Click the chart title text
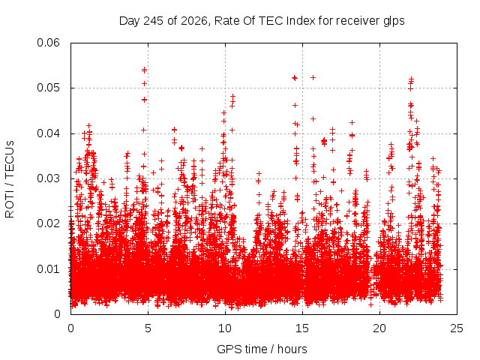[x=262, y=21]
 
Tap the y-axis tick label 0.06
[x=48, y=43]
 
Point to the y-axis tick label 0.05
[x=48, y=88]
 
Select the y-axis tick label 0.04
[x=48, y=133]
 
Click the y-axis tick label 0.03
[x=48, y=178]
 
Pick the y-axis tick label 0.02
[x=48, y=223]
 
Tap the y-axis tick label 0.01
[x=48, y=269]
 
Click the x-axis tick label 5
[x=148, y=328]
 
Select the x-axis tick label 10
[x=225, y=328]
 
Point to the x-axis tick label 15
[x=302, y=328]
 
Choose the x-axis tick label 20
[x=379, y=328]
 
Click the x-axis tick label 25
[x=457, y=328]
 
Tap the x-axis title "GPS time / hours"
[x=262, y=349]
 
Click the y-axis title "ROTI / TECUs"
[x=10, y=179]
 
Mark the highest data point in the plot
[x=144, y=70]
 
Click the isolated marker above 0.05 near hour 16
[x=313, y=77]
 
